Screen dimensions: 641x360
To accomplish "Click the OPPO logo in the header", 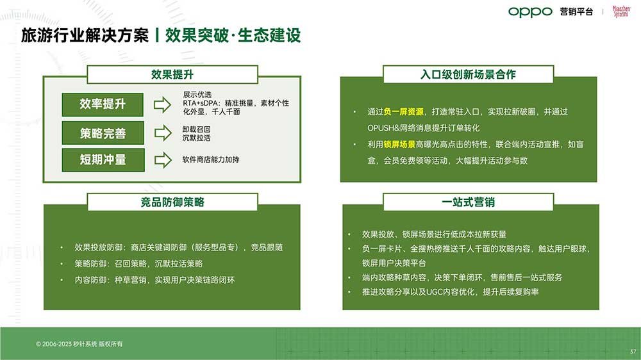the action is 530,12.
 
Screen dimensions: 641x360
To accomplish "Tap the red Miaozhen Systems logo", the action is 621,11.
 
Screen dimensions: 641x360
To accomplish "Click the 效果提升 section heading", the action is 172,74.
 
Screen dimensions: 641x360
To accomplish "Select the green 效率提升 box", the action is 103,104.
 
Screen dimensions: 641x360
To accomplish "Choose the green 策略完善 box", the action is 103,133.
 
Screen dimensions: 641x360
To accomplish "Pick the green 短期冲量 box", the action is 103,160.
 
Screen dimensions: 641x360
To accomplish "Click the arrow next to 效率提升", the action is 162,105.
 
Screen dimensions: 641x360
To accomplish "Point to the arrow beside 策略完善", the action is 163,133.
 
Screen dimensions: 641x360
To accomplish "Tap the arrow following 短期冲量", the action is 163,160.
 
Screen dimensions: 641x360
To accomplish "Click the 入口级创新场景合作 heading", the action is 468,74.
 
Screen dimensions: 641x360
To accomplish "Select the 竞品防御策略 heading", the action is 172,202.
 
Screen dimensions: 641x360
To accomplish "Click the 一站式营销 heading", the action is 468,202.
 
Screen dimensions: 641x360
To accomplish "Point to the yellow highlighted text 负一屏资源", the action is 403,112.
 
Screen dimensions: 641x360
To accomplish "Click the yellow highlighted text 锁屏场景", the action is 399,144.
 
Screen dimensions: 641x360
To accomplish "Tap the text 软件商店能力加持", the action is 210,160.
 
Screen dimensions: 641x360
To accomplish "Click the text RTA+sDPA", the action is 200,103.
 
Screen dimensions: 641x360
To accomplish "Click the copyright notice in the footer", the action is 79,344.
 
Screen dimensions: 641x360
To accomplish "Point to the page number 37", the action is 633,352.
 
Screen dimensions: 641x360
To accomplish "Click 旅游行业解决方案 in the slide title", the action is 85,35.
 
